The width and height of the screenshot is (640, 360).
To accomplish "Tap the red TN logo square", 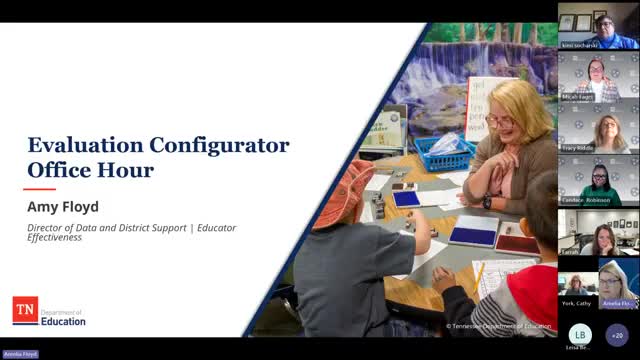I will click(x=25, y=310).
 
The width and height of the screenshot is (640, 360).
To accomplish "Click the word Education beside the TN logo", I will click(x=64, y=321).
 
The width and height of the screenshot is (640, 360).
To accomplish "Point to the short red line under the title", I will click(x=39, y=188).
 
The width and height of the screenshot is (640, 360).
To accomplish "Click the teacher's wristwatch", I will click(x=487, y=201).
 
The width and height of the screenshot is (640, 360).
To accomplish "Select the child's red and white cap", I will click(x=346, y=185).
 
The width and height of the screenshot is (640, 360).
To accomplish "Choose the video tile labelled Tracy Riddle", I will click(x=598, y=127).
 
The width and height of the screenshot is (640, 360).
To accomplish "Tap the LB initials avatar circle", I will click(x=579, y=334).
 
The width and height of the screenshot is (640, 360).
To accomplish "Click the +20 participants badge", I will click(x=618, y=334).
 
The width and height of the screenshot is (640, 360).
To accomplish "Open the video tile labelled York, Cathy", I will click(x=577, y=285).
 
